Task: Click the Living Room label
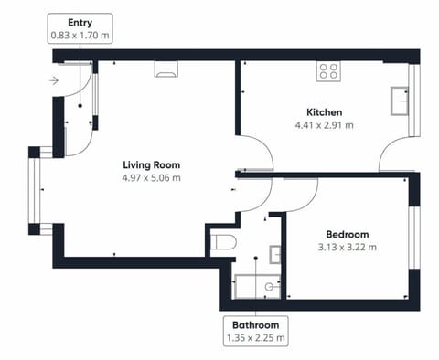point(152,164)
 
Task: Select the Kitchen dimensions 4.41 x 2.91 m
point(325,125)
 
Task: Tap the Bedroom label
point(348,234)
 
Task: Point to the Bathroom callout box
point(256,331)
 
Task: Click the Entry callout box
point(80,28)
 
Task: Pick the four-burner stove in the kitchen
point(328,71)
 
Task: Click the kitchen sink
point(400,101)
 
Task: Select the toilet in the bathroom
point(223,242)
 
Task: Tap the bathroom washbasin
point(275,254)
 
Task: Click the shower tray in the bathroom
point(257,287)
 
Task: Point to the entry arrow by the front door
point(54,80)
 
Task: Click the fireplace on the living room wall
point(166,69)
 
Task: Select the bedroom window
point(414,238)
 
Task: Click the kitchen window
point(414,101)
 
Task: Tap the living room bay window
point(34,191)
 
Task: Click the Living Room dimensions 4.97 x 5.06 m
point(152,177)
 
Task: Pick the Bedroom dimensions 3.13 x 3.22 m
point(348,247)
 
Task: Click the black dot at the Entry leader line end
point(80,106)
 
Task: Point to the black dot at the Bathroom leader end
point(256,259)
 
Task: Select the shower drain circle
point(269,287)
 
